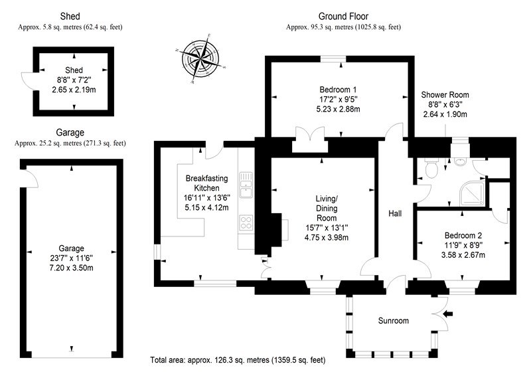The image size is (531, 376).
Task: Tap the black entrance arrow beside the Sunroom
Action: click(448, 314)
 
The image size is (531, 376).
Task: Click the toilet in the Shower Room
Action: click(431, 168)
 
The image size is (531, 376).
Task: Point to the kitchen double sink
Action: click(246, 185)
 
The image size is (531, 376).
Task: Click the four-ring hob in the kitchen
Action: click(246, 223)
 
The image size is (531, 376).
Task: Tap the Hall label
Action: click(395, 213)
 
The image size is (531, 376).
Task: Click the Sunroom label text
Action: click(393, 320)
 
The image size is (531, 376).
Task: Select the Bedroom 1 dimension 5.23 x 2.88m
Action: click(338, 109)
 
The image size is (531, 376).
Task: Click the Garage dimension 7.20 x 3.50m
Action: click(71, 268)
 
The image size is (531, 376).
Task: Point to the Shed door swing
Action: click(27, 81)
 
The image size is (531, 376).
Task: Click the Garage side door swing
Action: click(32, 178)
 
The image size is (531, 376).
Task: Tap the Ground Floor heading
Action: click(343, 16)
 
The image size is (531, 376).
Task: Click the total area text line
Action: click(238, 360)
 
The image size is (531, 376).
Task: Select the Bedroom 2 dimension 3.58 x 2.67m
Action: click(463, 254)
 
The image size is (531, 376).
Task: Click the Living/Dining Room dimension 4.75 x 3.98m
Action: click(327, 237)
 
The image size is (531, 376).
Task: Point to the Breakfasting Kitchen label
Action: click(206, 183)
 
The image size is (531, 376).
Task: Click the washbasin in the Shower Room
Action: click(459, 161)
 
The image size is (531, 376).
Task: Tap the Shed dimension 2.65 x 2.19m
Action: click(74, 90)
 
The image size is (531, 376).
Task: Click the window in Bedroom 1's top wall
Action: click(333, 59)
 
